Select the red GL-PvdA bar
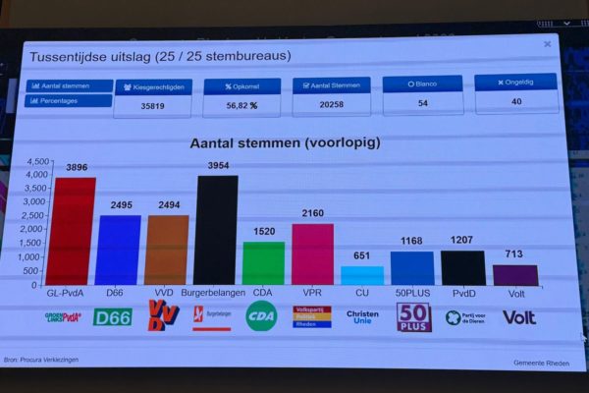74,232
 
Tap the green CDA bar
263,263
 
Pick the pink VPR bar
312,254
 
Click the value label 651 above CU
362,256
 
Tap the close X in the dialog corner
547,44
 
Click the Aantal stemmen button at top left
68,85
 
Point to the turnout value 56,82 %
241,105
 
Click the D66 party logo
112,317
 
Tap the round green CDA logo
260,316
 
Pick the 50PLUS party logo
413,317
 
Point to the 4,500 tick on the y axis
36,162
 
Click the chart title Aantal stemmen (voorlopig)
285,142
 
